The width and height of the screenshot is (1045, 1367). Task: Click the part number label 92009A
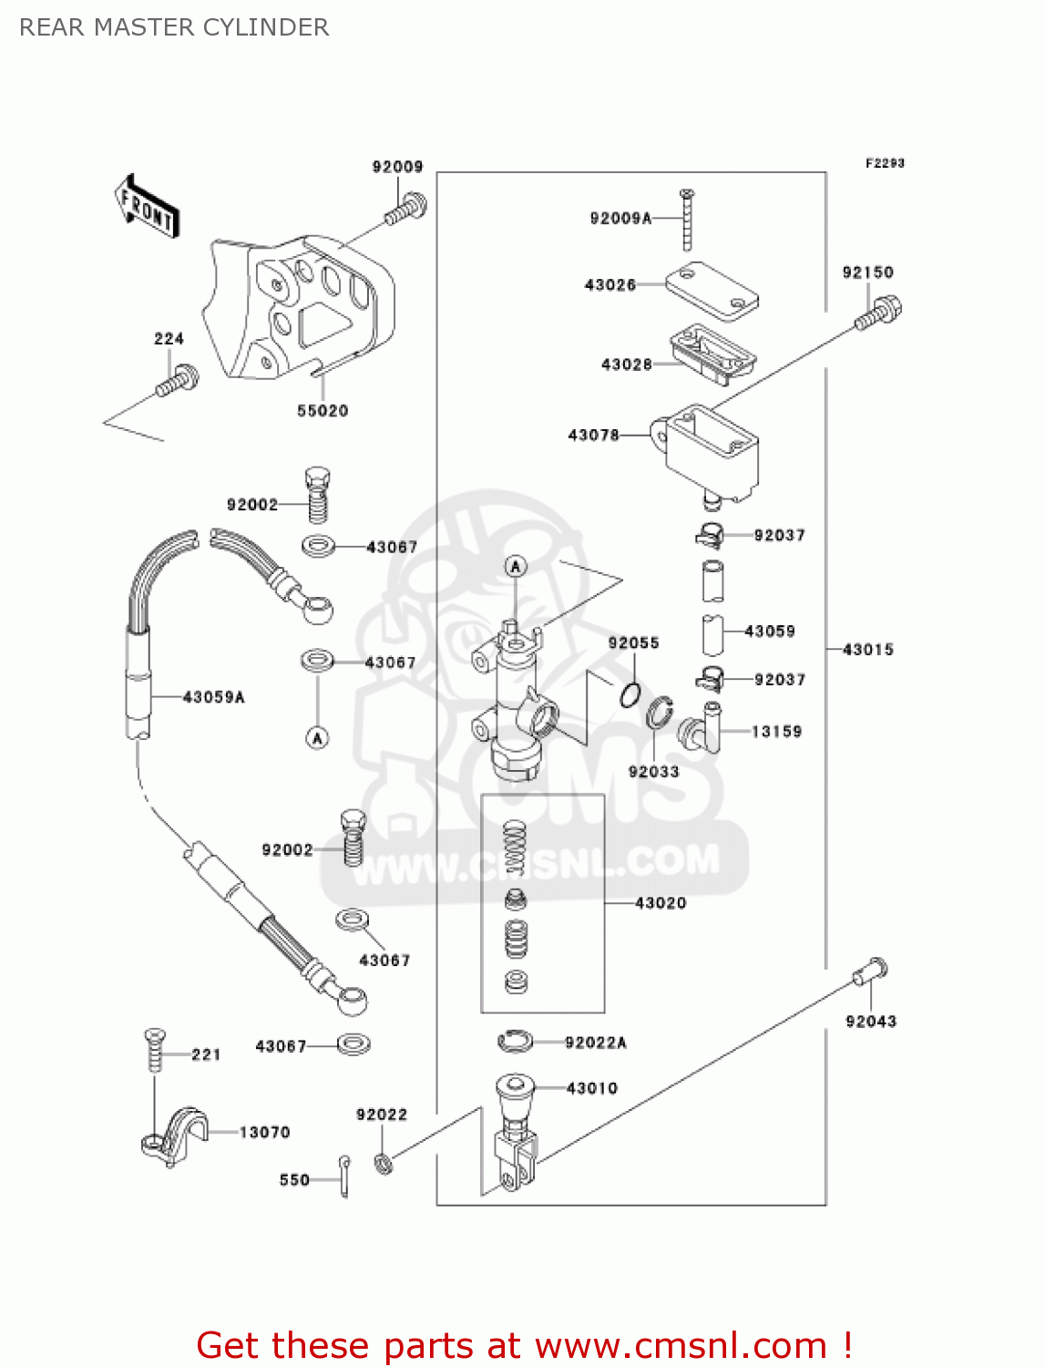(620, 218)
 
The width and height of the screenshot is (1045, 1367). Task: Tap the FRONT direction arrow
(147, 207)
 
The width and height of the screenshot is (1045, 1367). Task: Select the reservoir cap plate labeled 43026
(712, 290)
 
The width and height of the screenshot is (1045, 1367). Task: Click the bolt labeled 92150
(879, 313)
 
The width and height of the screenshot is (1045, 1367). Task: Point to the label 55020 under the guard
(323, 411)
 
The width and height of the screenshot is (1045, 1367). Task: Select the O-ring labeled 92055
(630, 695)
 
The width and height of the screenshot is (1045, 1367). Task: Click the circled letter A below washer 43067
(317, 737)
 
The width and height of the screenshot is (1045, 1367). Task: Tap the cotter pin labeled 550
(344, 1177)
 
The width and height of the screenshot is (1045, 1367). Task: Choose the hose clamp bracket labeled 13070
(175, 1135)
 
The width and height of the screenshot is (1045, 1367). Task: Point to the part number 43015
(868, 650)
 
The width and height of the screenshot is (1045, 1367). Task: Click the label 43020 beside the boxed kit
(661, 903)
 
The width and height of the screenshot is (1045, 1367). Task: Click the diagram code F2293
(885, 163)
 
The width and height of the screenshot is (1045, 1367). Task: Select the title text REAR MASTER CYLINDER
(174, 27)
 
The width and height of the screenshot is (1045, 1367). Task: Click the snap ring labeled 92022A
(516, 1040)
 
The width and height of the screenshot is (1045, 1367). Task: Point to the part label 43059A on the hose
(214, 697)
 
